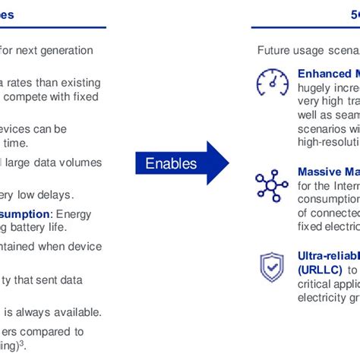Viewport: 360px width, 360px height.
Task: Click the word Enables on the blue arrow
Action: pos(171,163)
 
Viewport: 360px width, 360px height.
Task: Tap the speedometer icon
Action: pos(272,84)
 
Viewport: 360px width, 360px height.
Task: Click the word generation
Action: pos(68,51)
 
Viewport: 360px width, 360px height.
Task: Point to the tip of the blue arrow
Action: pos(227,163)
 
